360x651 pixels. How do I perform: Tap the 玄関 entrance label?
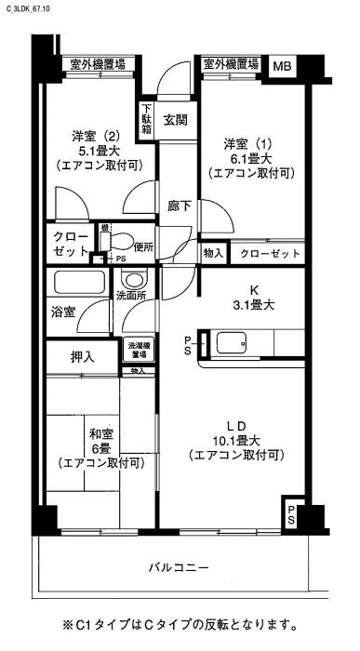(x=177, y=119)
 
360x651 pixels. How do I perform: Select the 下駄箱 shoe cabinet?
(x=147, y=118)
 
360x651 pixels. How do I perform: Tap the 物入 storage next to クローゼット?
(x=213, y=253)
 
